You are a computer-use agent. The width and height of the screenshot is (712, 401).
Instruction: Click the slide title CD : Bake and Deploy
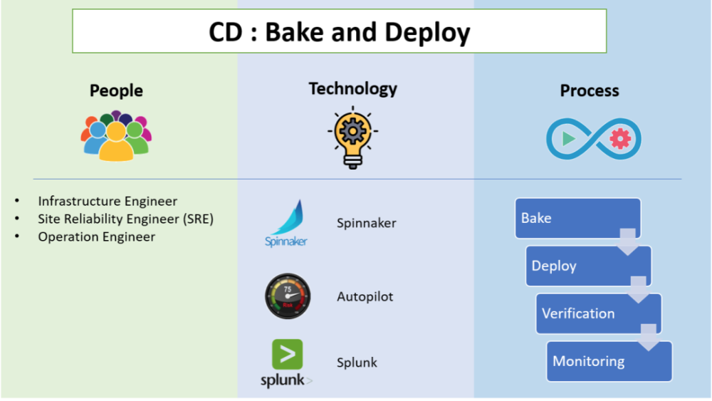pos(340,32)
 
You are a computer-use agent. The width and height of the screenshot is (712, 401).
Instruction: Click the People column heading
pos(116,91)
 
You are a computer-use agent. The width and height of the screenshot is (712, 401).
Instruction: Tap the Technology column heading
pos(352,89)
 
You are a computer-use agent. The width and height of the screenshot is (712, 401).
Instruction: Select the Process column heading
pos(590,91)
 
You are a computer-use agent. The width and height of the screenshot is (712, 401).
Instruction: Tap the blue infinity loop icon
pos(593,138)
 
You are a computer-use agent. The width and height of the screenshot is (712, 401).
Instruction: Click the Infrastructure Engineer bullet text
pos(108,202)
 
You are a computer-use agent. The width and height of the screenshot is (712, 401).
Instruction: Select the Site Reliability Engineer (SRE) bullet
pos(125,219)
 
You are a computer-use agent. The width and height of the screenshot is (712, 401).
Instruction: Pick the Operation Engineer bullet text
pos(96,237)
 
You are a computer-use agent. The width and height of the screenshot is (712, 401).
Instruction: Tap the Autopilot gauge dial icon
pos(288,296)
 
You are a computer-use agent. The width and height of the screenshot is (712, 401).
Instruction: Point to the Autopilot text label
pos(365,296)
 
